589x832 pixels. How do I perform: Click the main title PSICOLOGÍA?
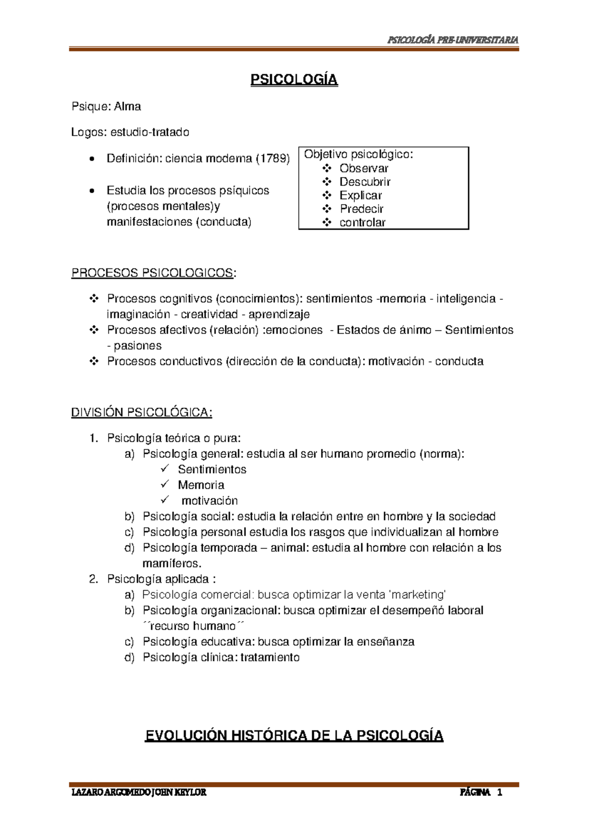click(294, 80)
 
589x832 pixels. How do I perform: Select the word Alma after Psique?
click(128, 106)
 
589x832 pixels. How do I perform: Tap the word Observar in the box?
click(364, 168)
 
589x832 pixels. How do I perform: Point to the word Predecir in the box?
click(361, 209)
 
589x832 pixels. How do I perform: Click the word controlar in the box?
click(362, 223)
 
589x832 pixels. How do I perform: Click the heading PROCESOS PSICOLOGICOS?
click(152, 273)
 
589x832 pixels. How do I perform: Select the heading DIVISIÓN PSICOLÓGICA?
click(141, 413)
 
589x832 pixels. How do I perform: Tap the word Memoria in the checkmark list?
click(201, 485)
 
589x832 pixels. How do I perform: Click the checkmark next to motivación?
click(164, 500)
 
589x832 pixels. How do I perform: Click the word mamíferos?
click(172, 564)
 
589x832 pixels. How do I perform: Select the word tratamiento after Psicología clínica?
click(270, 658)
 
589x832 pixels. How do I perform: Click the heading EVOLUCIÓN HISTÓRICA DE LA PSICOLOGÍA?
click(294, 736)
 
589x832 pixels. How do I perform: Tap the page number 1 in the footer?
click(500, 792)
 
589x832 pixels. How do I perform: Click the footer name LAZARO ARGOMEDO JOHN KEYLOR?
click(139, 792)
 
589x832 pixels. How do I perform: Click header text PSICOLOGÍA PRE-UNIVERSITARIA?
click(453, 40)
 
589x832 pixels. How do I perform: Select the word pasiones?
click(137, 346)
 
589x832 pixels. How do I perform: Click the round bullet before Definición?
click(92, 159)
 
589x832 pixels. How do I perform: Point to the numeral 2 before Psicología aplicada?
click(93, 579)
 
